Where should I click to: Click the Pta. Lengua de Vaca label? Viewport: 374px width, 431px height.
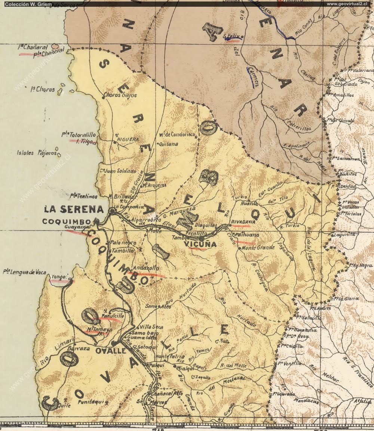coord(24,272)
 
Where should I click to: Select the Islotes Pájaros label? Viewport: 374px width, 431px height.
coord(36,153)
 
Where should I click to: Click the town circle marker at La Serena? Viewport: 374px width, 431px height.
coord(112,212)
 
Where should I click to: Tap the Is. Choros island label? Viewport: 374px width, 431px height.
coord(43,89)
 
